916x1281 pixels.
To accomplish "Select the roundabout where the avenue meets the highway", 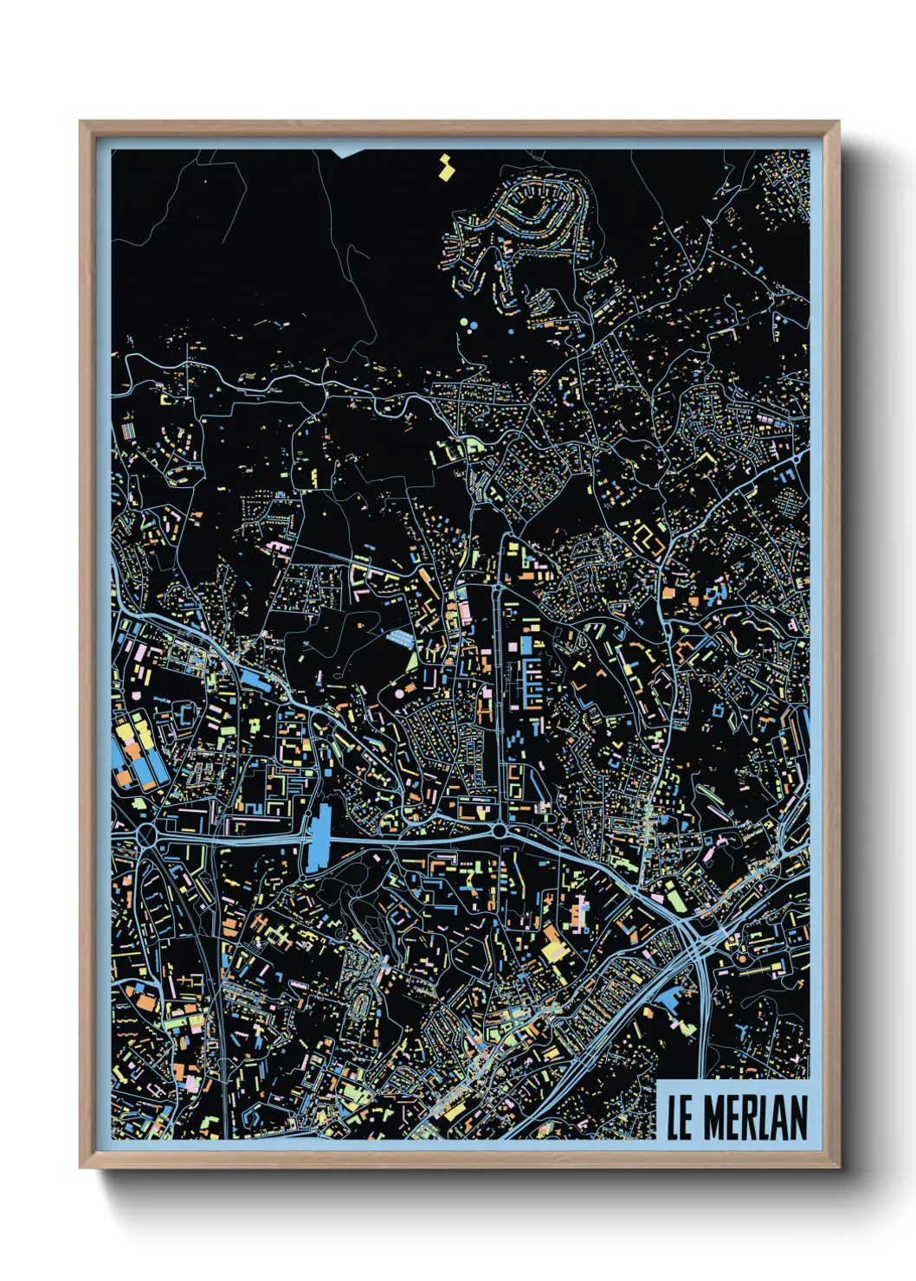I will (x=500, y=831).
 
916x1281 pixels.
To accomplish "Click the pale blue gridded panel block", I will (x=401, y=639).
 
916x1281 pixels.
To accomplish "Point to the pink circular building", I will (x=399, y=692).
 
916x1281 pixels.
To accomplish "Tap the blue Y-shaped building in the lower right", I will (x=743, y=1030).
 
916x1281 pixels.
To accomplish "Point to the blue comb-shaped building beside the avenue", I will (x=530, y=684).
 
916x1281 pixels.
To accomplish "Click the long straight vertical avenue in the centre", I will (x=500, y=675).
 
